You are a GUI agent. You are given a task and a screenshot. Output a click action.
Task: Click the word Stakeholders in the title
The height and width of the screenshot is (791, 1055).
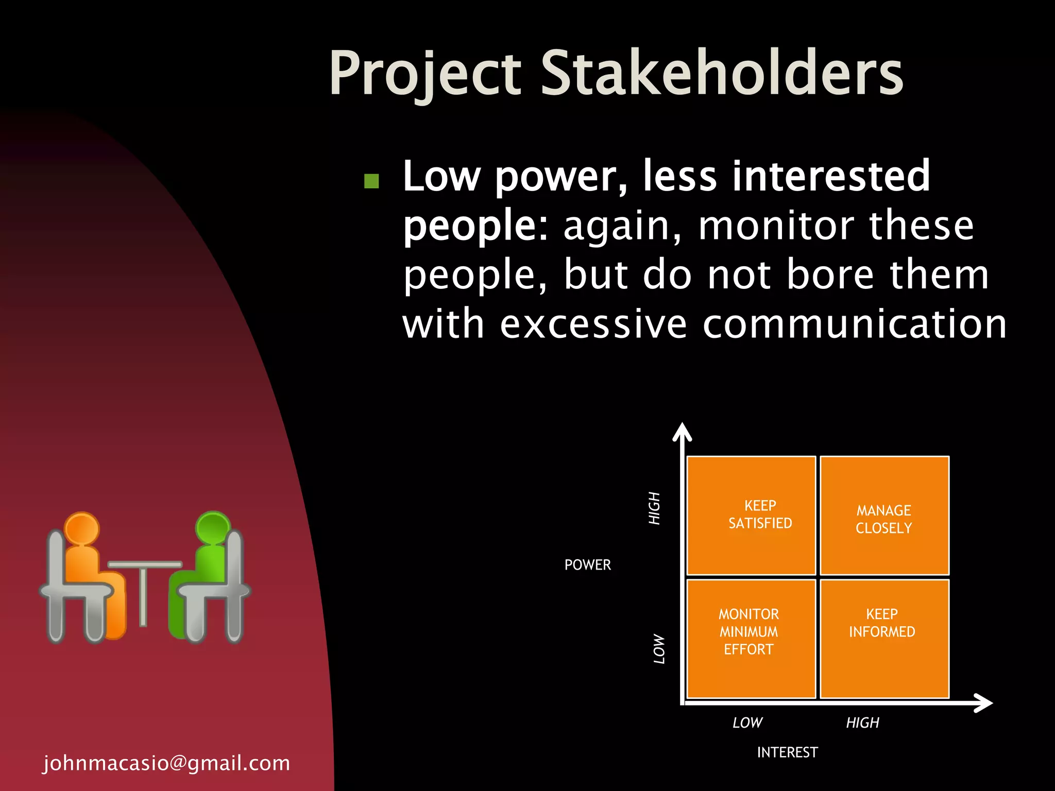[x=721, y=73]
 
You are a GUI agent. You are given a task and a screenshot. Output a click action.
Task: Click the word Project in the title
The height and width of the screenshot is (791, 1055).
[x=426, y=73]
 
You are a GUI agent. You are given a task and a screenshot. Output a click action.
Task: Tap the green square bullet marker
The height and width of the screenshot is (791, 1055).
[x=371, y=181]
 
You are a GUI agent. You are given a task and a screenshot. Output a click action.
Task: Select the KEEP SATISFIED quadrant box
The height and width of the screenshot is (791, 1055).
[x=751, y=515]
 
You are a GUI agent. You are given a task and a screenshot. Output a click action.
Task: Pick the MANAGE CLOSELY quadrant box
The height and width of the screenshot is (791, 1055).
[x=884, y=515]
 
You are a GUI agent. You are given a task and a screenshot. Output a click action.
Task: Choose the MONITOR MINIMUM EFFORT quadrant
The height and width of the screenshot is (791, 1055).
[x=751, y=639]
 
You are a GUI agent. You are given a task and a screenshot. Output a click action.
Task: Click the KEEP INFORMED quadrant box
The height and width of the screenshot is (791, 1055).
[x=884, y=639]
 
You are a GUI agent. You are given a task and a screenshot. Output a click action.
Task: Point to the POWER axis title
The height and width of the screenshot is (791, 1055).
[x=587, y=565]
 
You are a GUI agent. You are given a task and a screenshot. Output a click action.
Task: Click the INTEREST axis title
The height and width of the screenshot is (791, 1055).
[x=787, y=752]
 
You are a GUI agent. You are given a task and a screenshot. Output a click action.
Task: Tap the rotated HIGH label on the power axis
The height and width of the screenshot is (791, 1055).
[x=654, y=508]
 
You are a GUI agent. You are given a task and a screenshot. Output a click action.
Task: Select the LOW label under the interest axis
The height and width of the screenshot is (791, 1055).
[x=747, y=723]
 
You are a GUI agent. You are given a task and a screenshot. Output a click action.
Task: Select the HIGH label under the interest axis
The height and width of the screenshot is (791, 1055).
[x=862, y=723]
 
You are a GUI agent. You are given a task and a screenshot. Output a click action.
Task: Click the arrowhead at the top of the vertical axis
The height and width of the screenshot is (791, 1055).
[x=682, y=432]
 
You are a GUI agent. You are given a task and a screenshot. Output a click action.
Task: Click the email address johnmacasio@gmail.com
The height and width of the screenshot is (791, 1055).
[x=166, y=763]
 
